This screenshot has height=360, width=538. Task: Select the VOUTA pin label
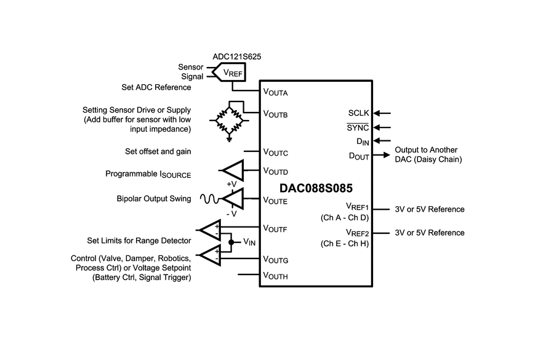coord(275,92)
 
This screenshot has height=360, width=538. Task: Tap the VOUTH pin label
coord(275,276)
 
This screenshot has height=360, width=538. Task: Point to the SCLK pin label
coord(358,113)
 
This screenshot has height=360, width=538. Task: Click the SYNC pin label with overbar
coord(358,127)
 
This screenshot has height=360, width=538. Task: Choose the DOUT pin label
coord(358,156)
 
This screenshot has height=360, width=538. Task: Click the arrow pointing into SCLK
coord(382,113)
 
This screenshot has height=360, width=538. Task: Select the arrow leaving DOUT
coord(382,155)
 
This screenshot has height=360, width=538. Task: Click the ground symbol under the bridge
coord(228,138)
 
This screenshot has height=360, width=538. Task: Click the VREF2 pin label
coord(357,233)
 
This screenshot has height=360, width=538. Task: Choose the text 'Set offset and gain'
coord(158,151)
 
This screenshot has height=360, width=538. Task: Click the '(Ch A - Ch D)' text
coord(344,218)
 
